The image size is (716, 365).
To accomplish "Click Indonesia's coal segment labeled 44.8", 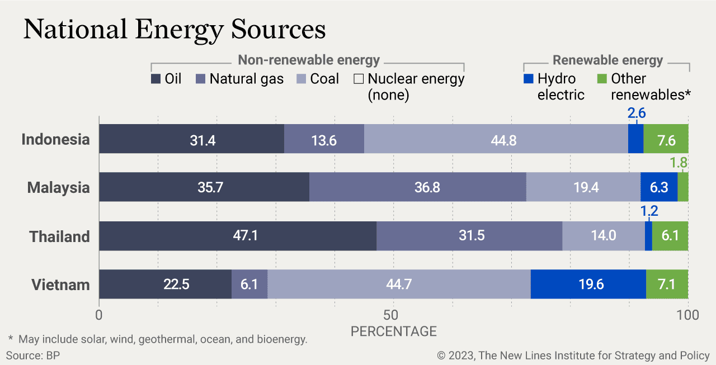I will tap(496, 139).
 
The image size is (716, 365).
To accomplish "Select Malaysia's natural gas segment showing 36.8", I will tap(417, 187).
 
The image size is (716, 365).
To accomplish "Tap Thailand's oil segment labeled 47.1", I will tap(238, 235).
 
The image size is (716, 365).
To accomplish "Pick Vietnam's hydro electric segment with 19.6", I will tap(588, 284).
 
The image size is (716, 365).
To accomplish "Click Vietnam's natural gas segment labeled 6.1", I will tap(249, 284).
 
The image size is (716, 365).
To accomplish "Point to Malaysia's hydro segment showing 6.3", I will tap(658, 187).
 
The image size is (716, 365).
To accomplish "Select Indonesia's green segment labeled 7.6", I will tap(666, 139).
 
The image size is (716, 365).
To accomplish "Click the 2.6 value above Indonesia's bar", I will tap(637, 113).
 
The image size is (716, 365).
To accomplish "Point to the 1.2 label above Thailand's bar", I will tap(649, 211).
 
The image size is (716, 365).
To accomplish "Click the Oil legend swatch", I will tap(156, 79).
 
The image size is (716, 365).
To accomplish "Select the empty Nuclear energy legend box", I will tap(359, 79).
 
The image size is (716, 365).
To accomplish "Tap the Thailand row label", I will tap(59, 236).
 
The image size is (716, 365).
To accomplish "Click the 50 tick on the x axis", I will tap(393, 315).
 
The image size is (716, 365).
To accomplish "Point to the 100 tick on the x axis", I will tap(687, 315).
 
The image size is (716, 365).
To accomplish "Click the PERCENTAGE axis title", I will tap(393, 331).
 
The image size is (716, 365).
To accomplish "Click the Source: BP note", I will tap(33, 355).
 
